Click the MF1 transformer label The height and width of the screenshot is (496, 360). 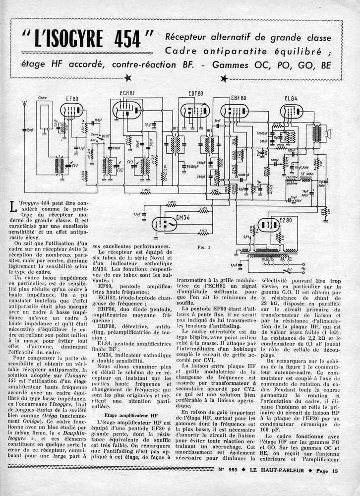tap(175, 130)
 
